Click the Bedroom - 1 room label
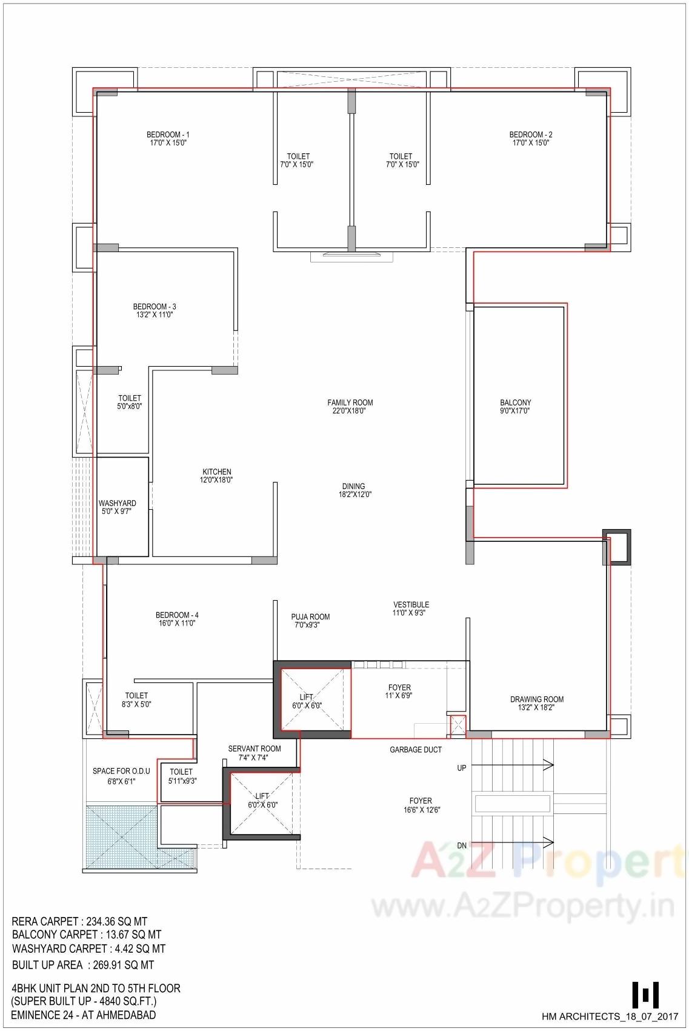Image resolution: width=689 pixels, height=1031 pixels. pyautogui.click(x=168, y=135)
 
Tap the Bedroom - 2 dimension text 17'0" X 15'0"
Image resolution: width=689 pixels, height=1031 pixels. pyautogui.click(x=530, y=143)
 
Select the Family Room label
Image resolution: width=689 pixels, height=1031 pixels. pyautogui.click(x=350, y=402)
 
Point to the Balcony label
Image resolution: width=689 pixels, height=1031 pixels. pyautogui.click(x=515, y=402)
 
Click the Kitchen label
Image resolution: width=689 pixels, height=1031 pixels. pyautogui.click(x=216, y=472)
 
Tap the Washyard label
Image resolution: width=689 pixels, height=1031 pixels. pyautogui.click(x=117, y=503)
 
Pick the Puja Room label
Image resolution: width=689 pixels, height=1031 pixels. pyautogui.click(x=310, y=617)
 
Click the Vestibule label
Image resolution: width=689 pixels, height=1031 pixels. pyautogui.click(x=411, y=604)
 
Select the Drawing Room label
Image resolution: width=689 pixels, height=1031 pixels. pyautogui.click(x=536, y=699)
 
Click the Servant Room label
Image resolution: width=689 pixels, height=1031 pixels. pyautogui.click(x=254, y=749)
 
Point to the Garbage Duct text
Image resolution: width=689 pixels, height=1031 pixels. pyautogui.click(x=415, y=750)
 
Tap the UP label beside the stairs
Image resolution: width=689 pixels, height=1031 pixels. pyautogui.click(x=461, y=768)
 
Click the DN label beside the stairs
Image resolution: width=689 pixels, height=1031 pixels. pyautogui.click(x=461, y=846)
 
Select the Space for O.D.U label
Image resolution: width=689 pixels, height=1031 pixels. pyautogui.click(x=121, y=771)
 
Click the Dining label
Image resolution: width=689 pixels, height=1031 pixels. pyautogui.click(x=353, y=486)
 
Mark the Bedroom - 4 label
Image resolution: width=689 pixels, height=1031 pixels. pyautogui.click(x=176, y=615)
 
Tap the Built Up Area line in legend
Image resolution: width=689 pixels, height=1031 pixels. pyautogui.click(x=83, y=964)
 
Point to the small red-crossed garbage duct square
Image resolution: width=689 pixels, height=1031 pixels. pyautogui.click(x=458, y=726)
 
